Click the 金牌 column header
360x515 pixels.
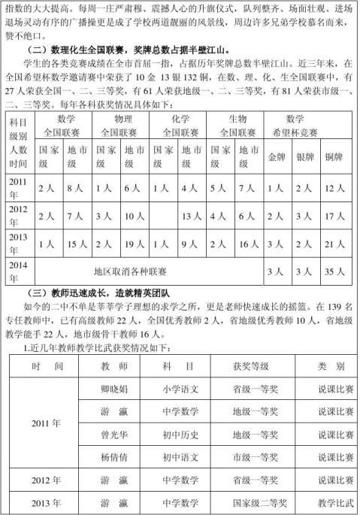[x=277, y=159]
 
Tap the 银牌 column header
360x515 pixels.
[x=304, y=159]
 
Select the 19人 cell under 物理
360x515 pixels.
[x=135, y=244]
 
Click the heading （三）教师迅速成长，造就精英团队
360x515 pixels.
[x=101, y=292]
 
